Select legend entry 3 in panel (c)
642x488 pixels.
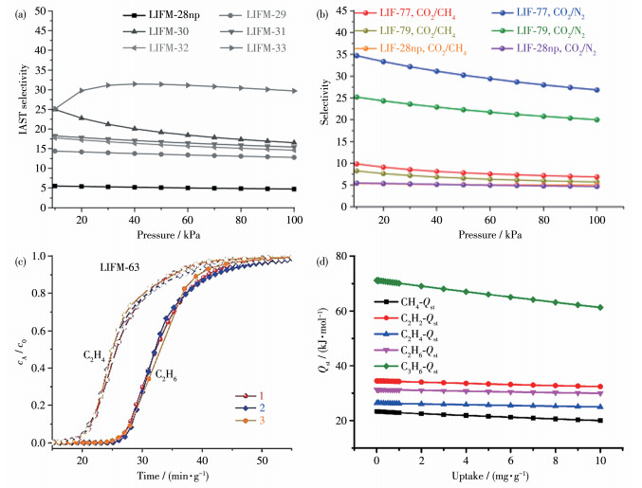269,420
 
